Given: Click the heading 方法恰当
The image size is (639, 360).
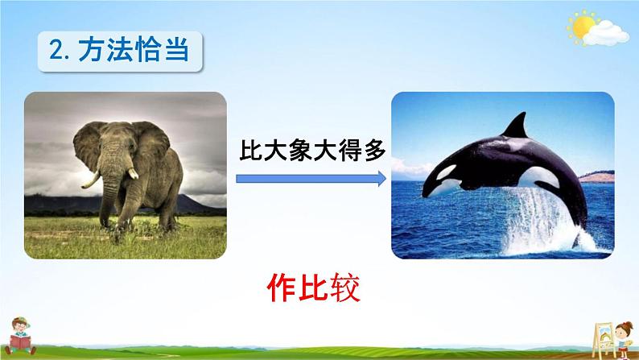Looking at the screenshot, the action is click(x=134, y=51).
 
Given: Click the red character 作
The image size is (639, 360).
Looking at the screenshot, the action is click(x=282, y=288).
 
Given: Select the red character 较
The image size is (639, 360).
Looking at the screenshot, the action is click(x=345, y=288).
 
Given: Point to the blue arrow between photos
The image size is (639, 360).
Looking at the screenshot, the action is click(x=311, y=179).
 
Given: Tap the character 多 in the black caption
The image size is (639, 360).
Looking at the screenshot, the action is click(x=374, y=151).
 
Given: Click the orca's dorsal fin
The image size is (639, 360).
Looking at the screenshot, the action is click(x=516, y=126).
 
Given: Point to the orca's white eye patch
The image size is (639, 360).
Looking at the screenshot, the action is click(x=446, y=172).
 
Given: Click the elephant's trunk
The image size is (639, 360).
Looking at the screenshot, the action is click(x=109, y=192).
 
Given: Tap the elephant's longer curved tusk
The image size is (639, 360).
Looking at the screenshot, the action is click(x=90, y=180).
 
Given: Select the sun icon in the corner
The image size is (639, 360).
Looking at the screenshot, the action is click(x=582, y=27).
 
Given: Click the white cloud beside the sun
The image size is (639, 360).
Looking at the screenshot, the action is click(x=607, y=34).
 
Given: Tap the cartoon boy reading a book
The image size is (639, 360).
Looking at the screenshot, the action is click(x=20, y=337).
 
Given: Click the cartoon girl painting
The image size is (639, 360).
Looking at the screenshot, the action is click(x=623, y=339).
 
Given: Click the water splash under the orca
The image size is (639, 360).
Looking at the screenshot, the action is click(x=538, y=222).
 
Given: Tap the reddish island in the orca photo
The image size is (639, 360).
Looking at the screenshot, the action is click(x=597, y=177).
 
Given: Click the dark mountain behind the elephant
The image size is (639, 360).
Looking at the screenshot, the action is click(x=122, y=205).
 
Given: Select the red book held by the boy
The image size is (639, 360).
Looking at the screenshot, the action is click(x=20, y=341).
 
